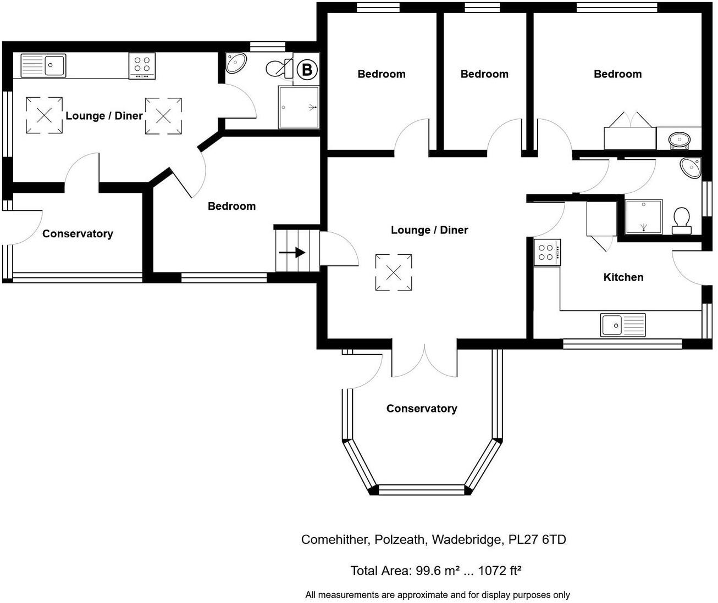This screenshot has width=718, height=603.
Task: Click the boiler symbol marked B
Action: click(307, 70)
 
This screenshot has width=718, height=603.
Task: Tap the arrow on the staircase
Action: click(292, 253)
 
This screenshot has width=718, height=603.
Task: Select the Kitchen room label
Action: click(623, 277)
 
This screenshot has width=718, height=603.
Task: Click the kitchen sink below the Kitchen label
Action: click(622, 325)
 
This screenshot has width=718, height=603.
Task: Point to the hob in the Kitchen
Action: click(547, 253)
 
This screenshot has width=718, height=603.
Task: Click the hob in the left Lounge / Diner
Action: click(142, 65)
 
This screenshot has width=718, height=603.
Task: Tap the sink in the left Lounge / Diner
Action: click(43, 65)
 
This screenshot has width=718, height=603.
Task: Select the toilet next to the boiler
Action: click(280, 69)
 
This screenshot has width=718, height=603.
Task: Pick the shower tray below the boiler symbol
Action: click(299, 107)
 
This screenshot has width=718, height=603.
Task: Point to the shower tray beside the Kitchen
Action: click(643, 216)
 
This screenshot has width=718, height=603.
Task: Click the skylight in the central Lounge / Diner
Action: click(394, 272)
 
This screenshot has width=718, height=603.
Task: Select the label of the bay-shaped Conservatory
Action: click(421, 409)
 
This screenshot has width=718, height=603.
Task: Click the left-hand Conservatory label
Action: click(78, 234)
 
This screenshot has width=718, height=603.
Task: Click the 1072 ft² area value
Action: click(499, 571)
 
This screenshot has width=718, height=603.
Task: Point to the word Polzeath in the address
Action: click(400, 539)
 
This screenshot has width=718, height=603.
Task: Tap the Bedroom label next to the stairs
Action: click(231, 206)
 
